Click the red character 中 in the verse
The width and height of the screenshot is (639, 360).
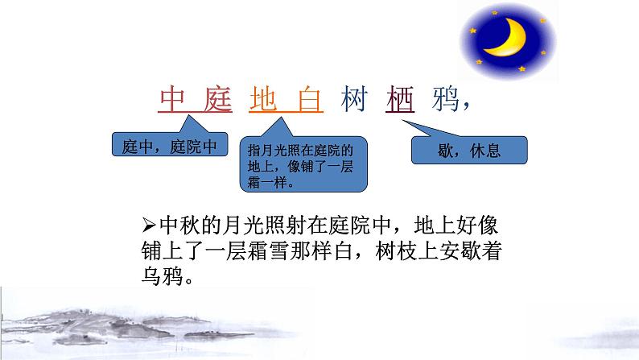pos(174,100)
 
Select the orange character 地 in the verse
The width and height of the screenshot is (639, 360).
pos(265,100)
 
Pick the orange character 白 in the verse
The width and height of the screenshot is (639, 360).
pos(307,100)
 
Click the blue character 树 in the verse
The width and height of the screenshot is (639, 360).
pos(355,100)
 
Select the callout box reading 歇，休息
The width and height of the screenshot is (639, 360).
pos(469,150)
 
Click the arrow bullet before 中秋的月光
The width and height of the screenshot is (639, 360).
pos(146,223)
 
